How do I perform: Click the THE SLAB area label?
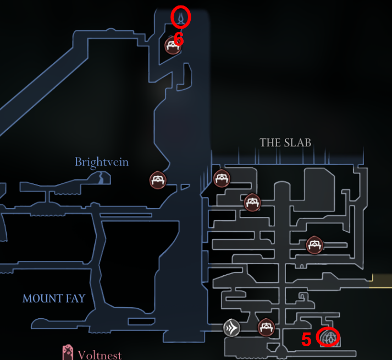click(x=285, y=143)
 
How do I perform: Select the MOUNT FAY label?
click(x=54, y=298)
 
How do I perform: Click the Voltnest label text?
click(x=100, y=355)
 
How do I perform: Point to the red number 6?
click(x=178, y=39)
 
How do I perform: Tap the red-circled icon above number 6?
click(x=181, y=18)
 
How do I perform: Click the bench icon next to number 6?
click(x=173, y=46)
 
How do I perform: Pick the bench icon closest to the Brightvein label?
click(x=158, y=179)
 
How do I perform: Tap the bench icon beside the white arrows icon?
click(x=266, y=328)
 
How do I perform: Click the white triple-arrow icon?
click(x=231, y=329)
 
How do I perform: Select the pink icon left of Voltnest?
click(x=68, y=353)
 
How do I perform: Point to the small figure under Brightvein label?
click(x=102, y=177)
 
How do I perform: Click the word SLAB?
click(x=297, y=143)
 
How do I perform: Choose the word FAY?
click(x=75, y=298)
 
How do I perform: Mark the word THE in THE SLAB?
click(x=270, y=143)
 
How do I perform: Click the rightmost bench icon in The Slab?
click(x=314, y=244)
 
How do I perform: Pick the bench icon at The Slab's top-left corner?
click(x=222, y=178)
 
